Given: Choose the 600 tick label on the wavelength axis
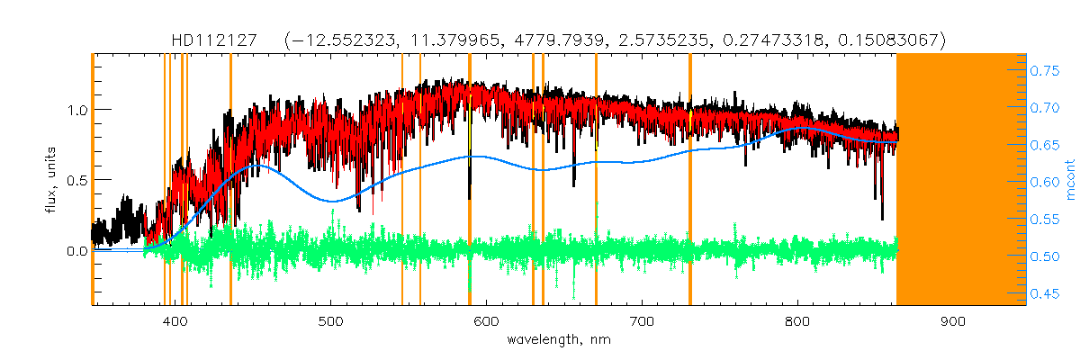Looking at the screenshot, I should (486, 321).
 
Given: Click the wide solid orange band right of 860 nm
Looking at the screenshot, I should (961, 180).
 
